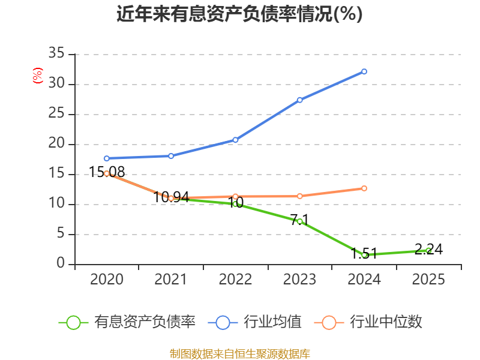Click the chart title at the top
coord(239,14)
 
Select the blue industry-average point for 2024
coord(364,71)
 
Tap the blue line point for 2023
coord(299,100)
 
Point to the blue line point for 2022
coord(235,140)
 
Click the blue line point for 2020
coord(106,158)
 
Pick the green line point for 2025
coord(428,250)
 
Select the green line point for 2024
coord(364,255)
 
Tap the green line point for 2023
coord(299,221)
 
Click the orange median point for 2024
coord(364,188)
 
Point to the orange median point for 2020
coord(106,173)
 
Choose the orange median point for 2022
coord(235,196)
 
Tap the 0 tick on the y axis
coord(61,264)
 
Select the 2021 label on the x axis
coord(170,280)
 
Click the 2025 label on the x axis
coord(428,280)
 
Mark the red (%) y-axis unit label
coord(37,76)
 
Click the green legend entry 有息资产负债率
coord(128,322)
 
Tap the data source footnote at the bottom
coord(239,353)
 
